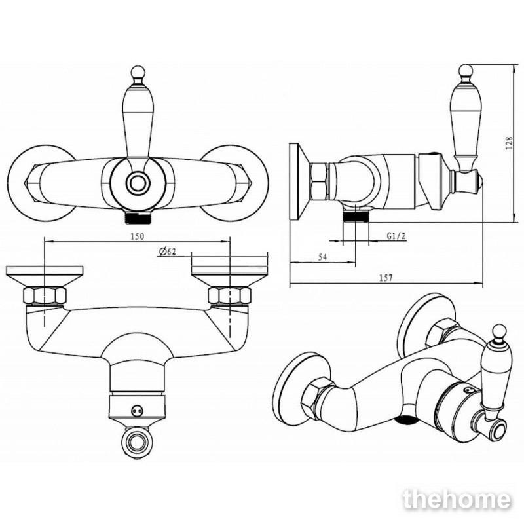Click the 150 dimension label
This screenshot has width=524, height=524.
(x=137, y=236)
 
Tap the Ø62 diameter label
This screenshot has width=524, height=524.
(x=168, y=252)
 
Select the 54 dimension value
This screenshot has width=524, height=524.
(x=322, y=257)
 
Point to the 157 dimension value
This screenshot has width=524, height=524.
(x=386, y=278)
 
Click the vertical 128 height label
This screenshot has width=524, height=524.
(x=509, y=143)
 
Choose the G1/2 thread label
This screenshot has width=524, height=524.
(x=396, y=236)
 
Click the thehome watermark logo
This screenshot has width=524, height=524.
(x=457, y=500)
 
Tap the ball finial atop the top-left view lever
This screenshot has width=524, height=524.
(x=138, y=72)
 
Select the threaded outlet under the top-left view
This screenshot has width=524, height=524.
(x=138, y=217)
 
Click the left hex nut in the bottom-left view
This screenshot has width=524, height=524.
(x=45, y=295)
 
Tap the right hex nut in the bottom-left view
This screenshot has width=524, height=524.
(x=230, y=295)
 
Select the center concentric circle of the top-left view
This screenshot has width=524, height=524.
(x=138, y=183)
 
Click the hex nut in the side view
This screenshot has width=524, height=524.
(x=319, y=181)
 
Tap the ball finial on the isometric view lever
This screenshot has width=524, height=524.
(x=499, y=331)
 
